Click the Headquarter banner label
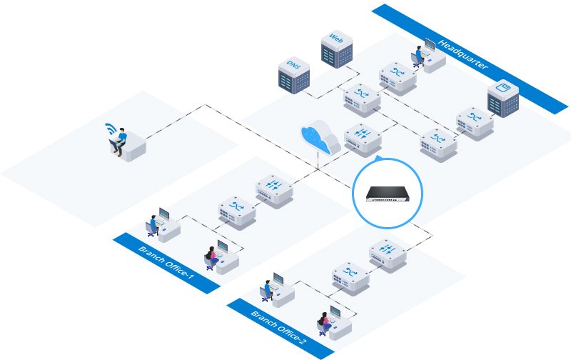click(463, 54)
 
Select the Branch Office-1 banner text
click(166, 262)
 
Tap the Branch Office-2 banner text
click(279, 328)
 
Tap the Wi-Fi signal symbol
click(109, 129)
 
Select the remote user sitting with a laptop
click(119, 141)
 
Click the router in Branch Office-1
click(275, 188)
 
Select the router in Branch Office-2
click(388, 252)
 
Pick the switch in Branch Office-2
click(350, 275)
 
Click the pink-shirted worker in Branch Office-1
click(212, 256)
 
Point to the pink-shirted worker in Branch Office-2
click(325, 321)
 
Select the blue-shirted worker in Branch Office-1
click(153, 224)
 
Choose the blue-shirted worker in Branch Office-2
click(268, 289)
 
